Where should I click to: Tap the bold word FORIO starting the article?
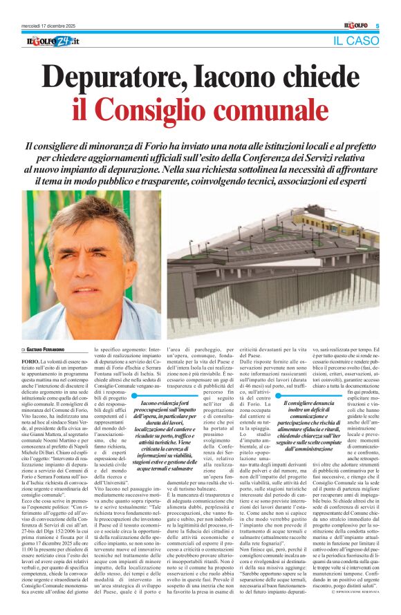pos(30,361)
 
